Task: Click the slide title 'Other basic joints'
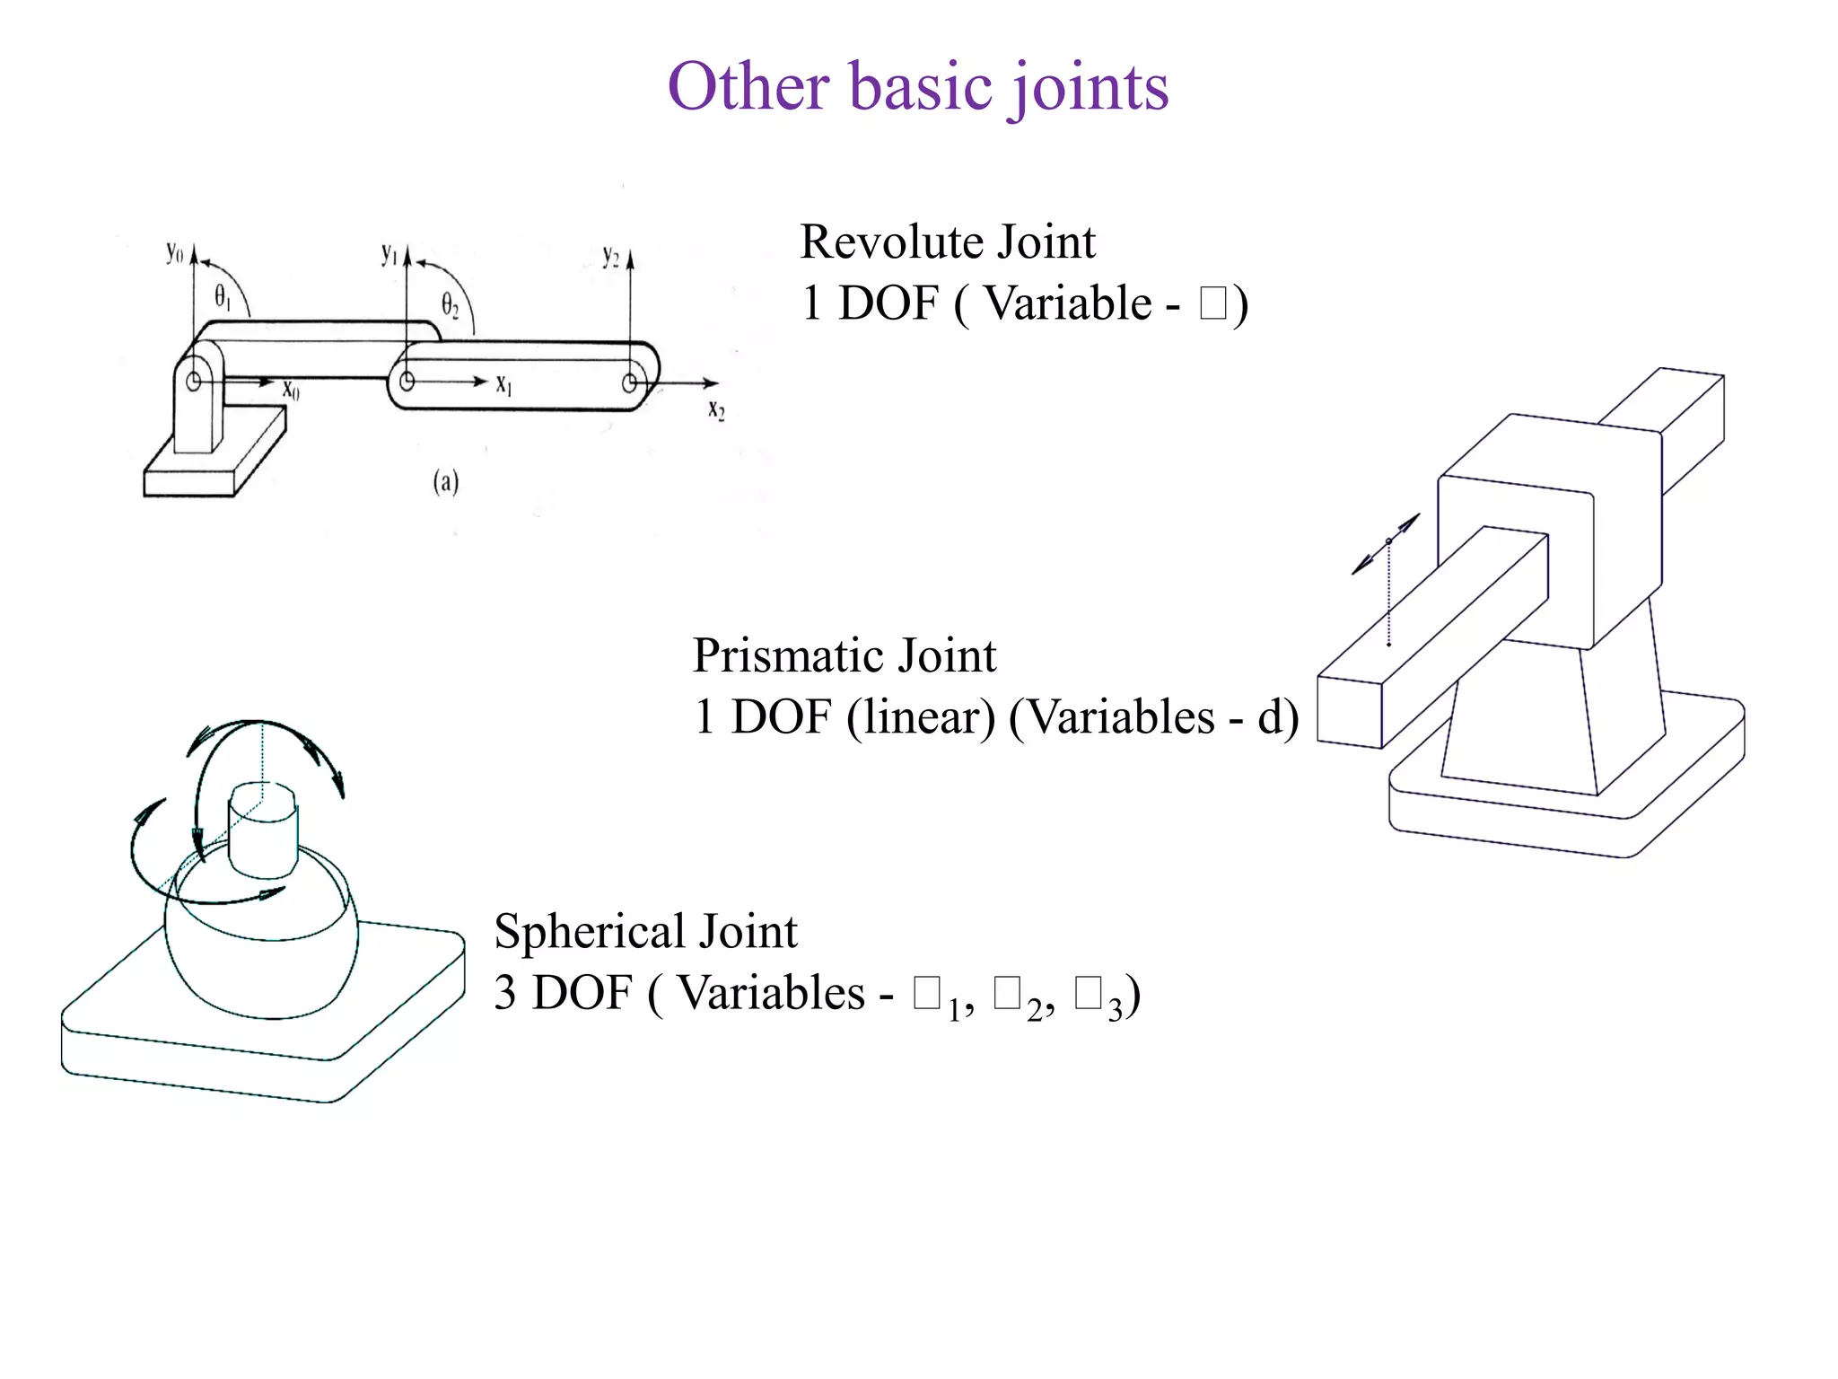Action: [x=917, y=87]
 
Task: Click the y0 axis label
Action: [x=174, y=253]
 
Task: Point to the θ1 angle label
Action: [x=222, y=297]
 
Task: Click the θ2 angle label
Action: [x=450, y=306]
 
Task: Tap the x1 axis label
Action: [x=504, y=385]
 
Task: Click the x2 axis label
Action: [x=715, y=411]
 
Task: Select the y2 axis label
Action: [x=611, y=257]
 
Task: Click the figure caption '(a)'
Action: [x=446, y=483]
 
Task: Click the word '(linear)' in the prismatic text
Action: [x=921, y=717]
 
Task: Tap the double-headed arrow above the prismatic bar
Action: [x=1387, y=543]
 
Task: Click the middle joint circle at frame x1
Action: [x=407, y=381]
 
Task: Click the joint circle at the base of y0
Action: [x=193, y=381]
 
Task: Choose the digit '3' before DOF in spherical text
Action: [x=505, y=994]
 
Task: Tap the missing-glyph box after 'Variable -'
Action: [x=1212, y=303]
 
